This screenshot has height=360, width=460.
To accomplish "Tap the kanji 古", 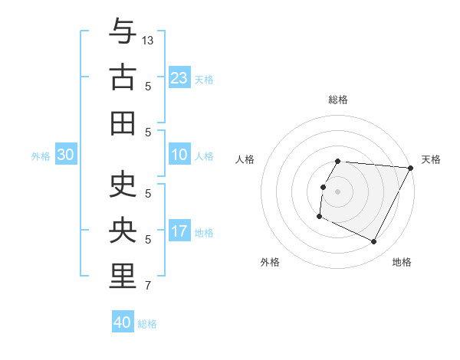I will (123, 77).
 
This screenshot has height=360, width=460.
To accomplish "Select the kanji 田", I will (123, 123).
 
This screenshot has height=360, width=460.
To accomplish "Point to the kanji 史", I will (123, 186).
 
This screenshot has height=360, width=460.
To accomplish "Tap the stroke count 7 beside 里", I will (148, 286).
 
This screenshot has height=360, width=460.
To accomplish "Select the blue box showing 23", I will (179, 77).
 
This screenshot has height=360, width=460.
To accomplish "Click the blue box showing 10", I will (179, 155).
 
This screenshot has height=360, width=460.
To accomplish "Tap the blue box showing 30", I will (66, 155).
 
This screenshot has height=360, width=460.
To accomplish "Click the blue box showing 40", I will (123, 322).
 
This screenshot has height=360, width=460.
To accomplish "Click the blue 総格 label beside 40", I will (147, 324).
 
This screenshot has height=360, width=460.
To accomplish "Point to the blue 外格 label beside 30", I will (41, 156).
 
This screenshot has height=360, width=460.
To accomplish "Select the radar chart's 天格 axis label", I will (431, 159).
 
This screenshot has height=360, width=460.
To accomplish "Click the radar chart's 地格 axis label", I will (402, 262).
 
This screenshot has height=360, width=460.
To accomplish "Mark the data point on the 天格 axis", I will (410, 168).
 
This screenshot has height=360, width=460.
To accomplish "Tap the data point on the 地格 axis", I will (374, 242).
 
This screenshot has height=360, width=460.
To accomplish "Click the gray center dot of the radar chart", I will (337, 191).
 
